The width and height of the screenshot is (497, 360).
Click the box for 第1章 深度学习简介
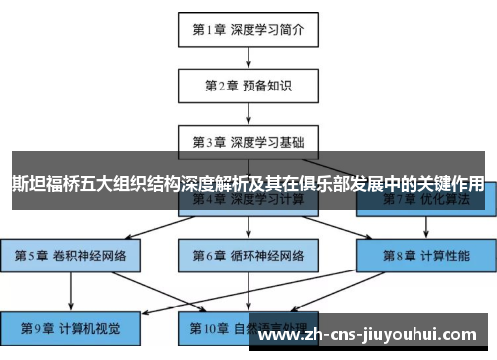point(248,29)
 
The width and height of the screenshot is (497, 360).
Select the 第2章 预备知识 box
point(248,85)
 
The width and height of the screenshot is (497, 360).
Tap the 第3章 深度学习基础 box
point(248,140)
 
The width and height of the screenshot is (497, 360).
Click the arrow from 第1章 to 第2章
point(248,57)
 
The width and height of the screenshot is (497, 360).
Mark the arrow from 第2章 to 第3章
point(248,112)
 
